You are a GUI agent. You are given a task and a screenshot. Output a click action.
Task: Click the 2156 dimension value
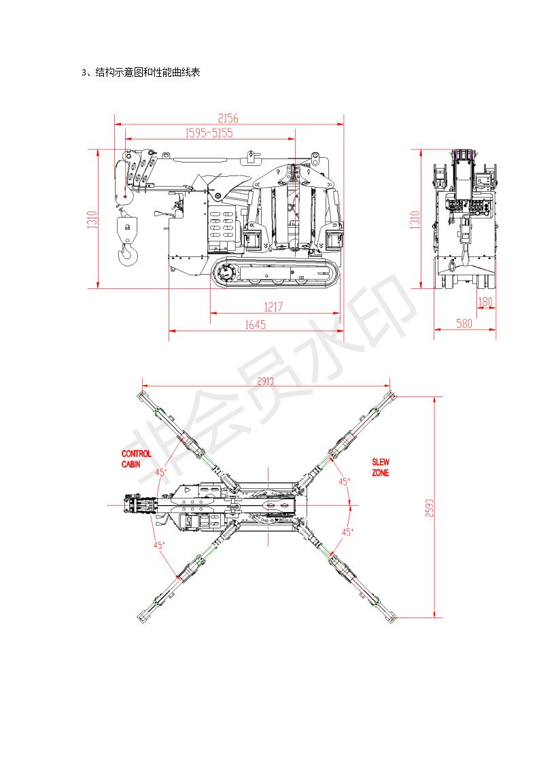point(228,118)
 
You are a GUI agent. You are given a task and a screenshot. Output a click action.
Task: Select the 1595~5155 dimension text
point(209,133)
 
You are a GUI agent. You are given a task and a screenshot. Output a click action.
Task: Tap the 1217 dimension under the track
point(273,307)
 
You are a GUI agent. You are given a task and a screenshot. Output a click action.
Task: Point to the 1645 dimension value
point(255,324)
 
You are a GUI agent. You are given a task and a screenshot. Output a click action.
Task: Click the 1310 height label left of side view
point(92,220)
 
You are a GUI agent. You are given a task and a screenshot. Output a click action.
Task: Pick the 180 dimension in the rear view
point(485,302)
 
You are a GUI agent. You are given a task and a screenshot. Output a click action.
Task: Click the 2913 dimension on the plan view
point(266,381)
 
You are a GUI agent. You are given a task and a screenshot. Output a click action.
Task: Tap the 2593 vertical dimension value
point(429,508)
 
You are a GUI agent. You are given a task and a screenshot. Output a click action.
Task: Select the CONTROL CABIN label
point(136,459)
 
